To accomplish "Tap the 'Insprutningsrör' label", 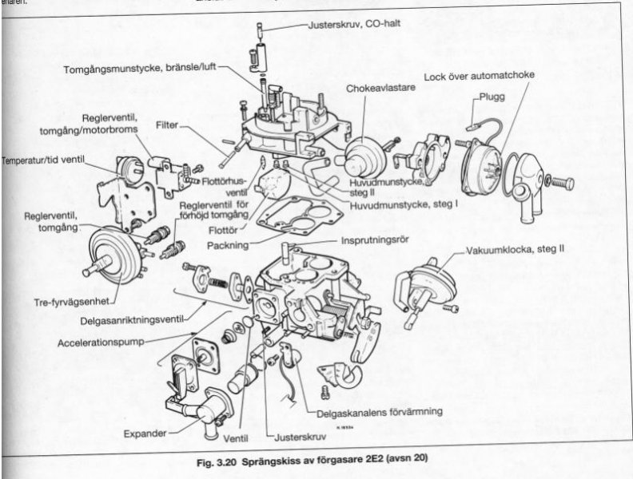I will pyautogui.click(x=376, y=238).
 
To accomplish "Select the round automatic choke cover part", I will pyautogui.click(x=484, y=164).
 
